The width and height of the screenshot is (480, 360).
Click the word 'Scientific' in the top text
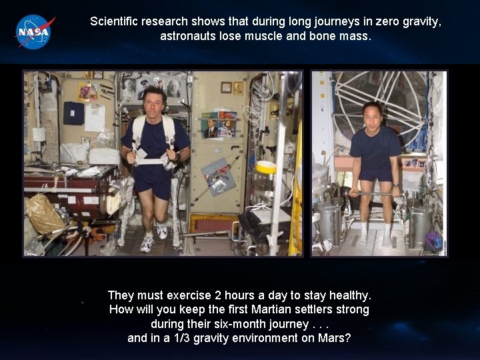[115, 21]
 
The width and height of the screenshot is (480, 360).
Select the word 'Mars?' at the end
[335, 338]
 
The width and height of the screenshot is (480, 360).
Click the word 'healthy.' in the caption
[349, 295]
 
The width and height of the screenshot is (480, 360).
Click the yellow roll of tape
[265, 167]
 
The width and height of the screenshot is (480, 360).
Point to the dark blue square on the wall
[73, 113]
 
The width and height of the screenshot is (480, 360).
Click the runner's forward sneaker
[147, 244]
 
